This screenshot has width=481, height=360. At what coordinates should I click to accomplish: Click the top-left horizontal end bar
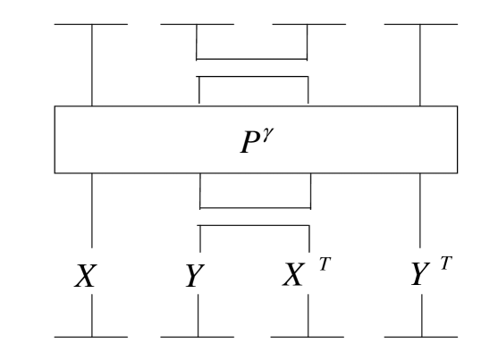click(91, 24)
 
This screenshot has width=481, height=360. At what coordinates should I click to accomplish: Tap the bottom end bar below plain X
click(91, 337)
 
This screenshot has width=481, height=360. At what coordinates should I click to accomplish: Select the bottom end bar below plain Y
click(198, 337)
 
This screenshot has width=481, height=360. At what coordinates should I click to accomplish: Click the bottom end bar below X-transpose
click(309, 337)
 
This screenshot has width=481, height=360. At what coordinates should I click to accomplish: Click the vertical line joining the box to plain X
click(92, 214)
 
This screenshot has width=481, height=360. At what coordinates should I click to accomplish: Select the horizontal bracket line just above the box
click(253, 77)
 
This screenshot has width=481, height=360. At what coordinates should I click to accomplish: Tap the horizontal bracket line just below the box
click(255, 206)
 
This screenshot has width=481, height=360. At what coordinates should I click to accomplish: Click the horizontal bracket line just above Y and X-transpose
click(254, 226)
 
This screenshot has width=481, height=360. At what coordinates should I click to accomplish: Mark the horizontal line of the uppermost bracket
click(252, 59)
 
